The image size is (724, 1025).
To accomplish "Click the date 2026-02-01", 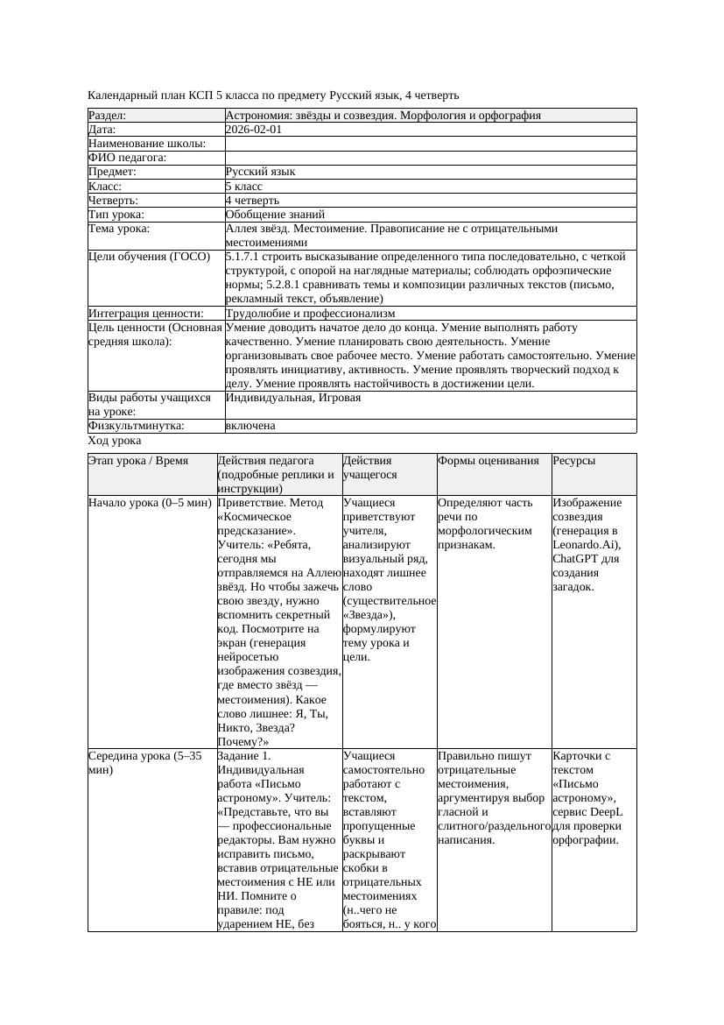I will (253, 130).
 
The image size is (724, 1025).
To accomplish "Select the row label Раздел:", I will (108, 116).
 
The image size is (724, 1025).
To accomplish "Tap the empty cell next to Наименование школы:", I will (429, 144).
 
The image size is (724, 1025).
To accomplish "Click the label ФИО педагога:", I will (128, 158).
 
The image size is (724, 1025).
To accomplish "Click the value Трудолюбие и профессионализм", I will (310, 313).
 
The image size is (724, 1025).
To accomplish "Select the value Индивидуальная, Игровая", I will (293, 398).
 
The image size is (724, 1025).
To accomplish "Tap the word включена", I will (250, 426).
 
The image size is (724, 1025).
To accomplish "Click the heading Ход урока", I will (115, 442).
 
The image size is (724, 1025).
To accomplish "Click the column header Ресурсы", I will (574, 461).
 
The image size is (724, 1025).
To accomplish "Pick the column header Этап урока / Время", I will (138, 461).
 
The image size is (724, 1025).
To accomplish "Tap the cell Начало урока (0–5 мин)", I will (151, 503).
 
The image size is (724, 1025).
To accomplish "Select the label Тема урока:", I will (119, 229).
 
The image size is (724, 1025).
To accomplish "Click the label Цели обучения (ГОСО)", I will (150, 257).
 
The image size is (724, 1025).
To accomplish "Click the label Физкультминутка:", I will (136, 426).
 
